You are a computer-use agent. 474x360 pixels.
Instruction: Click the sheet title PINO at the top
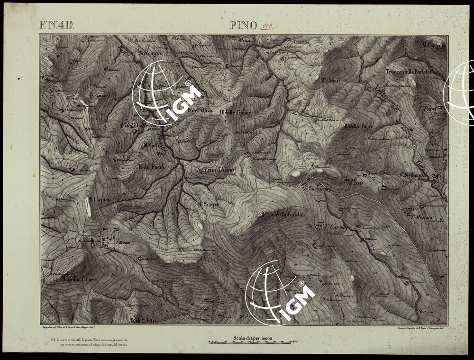coord(244,26)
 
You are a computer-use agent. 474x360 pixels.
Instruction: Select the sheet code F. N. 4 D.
coord(56,25)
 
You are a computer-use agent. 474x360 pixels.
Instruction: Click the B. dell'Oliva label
coord(200,110)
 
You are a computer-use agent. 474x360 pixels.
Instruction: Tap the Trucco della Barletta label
coord(409,72)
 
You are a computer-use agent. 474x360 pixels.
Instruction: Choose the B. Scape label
coord(208,204)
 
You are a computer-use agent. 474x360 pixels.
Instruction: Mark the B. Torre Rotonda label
coord(281,215)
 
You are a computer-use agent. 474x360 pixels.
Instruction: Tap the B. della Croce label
coord(79,279)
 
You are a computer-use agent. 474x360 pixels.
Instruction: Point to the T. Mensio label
coord(421,217)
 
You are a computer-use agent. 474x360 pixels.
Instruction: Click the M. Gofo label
coord(153,145)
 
